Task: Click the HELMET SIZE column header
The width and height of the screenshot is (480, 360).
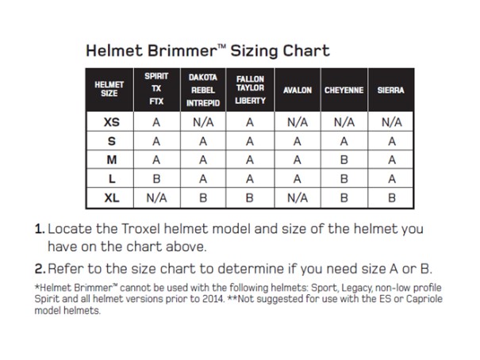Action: click(x=109, y=89)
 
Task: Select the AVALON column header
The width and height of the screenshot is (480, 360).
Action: click(x=298, y=90)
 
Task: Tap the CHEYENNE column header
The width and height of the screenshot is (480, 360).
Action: click(x=344, y=90)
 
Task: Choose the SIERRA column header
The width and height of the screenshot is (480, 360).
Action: click(x=390, y=90)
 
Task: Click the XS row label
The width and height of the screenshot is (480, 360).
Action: click(x=111, y=122)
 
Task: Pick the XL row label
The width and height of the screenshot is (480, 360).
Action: click(x=111, y=198)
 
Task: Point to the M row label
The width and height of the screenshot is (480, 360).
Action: click(x=111, y=159)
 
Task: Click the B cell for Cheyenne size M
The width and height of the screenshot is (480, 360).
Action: click(x=344, y=159)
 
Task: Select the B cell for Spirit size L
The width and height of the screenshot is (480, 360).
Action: click(x=156, y=178)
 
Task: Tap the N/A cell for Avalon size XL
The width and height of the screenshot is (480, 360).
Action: click(x=298, y=198)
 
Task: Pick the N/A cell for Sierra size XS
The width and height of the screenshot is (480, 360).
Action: click(x=391, y=122)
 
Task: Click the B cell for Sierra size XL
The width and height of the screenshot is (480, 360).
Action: click(x=391, y=198)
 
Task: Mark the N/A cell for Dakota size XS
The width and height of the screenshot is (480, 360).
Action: click(x=203, y=122)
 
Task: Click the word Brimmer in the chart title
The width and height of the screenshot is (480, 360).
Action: click(x=182, y=51)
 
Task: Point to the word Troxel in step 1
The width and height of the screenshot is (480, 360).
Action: click(x=140, y=228)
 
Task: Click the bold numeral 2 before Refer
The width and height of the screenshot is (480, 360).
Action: click(x=40, y=269)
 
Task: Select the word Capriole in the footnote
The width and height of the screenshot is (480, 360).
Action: click(x=424, y=299)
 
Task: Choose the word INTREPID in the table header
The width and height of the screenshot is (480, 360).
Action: click(x=203, y=103)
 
